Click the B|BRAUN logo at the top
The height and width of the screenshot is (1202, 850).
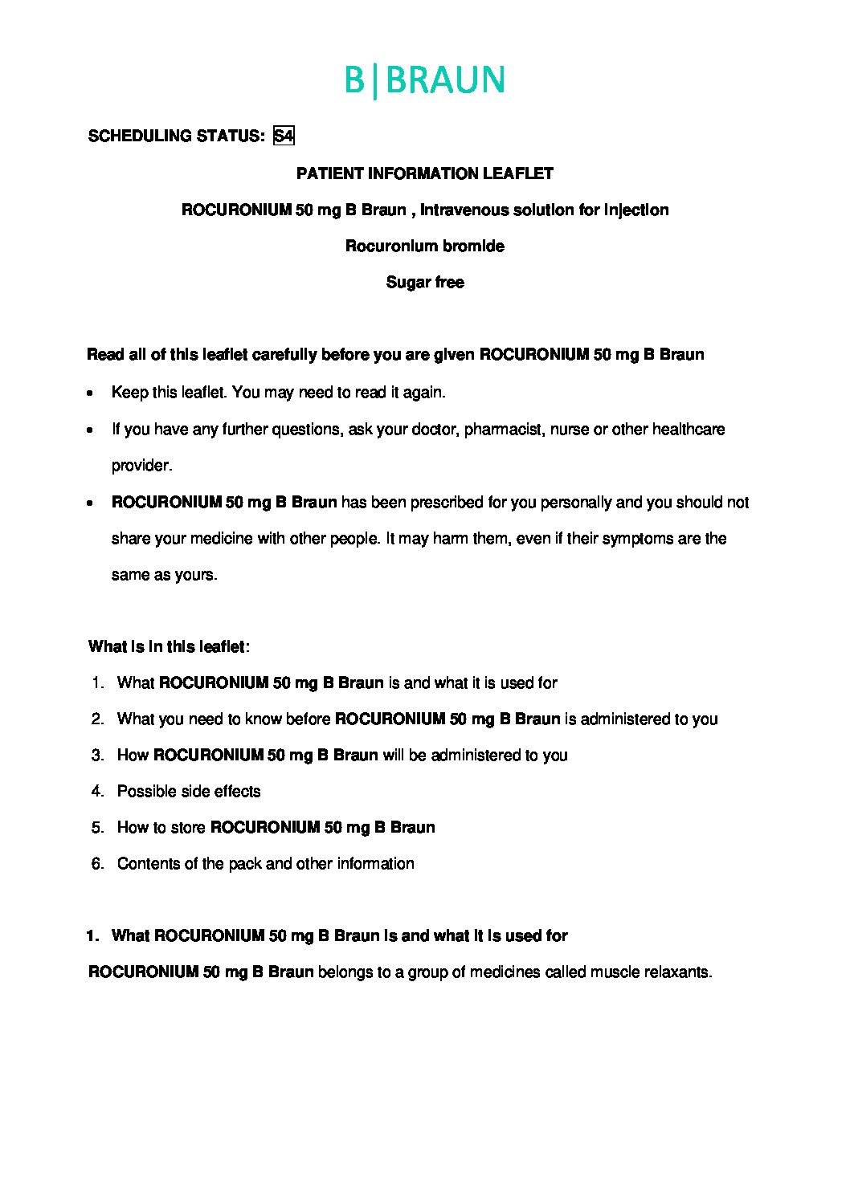coord(424,80)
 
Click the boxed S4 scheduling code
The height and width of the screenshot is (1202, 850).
coord(284,136)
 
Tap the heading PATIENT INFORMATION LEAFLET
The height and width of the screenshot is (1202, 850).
coord(424,173)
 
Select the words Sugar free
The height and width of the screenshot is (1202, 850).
coord(424,282)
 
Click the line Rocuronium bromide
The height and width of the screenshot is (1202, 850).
coord(424,246)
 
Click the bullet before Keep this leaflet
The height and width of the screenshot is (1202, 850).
coord(90,393)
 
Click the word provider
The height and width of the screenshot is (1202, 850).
coord(141,466)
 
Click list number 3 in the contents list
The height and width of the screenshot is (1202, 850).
coord(98,755)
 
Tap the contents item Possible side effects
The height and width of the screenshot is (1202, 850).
coord(189,791)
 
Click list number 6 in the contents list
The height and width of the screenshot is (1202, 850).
coord(98,863)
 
